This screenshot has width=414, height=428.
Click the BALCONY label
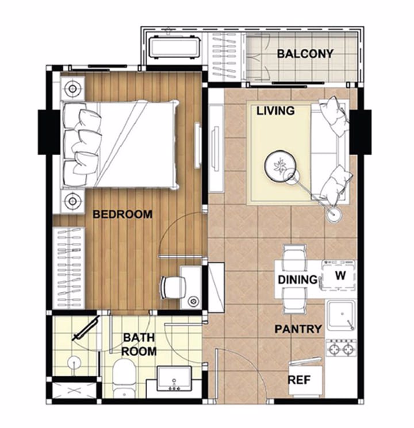[x=305, y=54]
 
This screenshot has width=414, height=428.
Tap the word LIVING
[x=275, y=111]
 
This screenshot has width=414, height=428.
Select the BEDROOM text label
[x=122, y=214]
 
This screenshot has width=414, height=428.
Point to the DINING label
[x=297, y=280]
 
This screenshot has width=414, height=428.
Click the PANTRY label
[x=298, y=329]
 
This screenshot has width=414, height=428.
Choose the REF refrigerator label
[x=299, y=380]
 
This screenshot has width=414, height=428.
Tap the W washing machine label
[x=340, y=275]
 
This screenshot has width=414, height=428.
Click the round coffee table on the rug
[x=280, y=165]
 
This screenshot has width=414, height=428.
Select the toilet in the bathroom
[x=124, y=377]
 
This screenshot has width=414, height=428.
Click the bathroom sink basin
[x=174, y=379]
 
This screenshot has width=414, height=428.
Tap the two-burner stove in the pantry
[x=341, y=348]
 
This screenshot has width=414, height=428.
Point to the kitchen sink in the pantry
[x=341, y=315]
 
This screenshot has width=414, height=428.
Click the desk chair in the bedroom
[x=173, y=287]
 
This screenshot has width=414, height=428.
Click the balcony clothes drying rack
[x=224, y=57]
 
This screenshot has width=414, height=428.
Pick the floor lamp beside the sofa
[x=334, y=214]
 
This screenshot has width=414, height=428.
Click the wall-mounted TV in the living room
[x=216, y=149]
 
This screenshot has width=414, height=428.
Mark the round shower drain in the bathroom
[x=74, y=363]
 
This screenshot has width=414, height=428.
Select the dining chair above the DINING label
[x=294, y=257]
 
